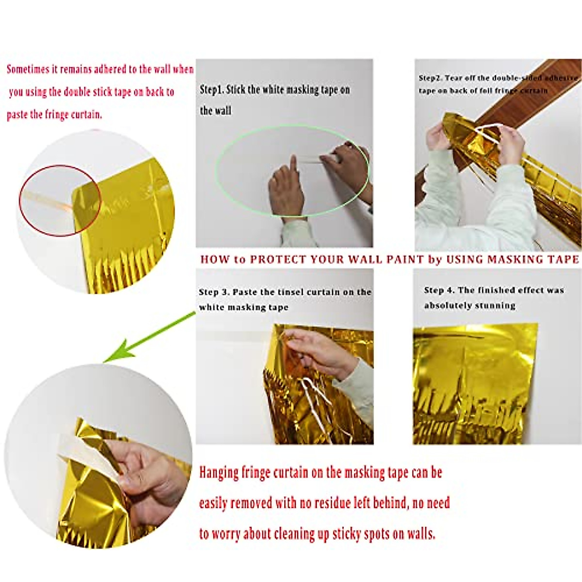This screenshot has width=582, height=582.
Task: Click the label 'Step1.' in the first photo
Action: point(212,90)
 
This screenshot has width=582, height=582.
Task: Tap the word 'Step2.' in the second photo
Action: point(430,78)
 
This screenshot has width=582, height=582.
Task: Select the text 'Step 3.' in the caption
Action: point(214,292)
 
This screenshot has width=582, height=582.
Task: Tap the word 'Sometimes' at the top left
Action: point(28,69)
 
